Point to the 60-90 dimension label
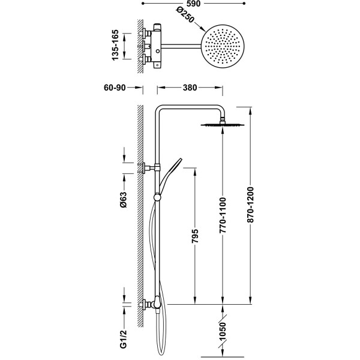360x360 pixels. pos(114,88)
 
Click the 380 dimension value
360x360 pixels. pos(190,88)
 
